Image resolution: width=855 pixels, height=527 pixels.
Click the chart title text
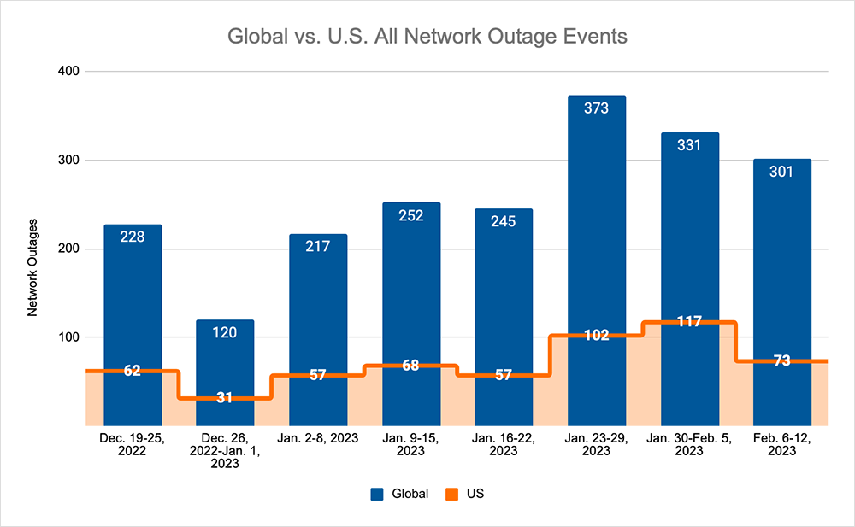[427, 38]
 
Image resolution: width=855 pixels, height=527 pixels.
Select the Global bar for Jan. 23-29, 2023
[597, 214]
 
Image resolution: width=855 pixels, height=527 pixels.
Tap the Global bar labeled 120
[225, 359]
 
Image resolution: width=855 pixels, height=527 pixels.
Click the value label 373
[597, 109]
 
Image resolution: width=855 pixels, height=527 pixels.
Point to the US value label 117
[688, 322]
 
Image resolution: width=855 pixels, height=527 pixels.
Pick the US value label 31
[225, 398]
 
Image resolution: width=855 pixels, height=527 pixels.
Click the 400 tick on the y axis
[68, 72]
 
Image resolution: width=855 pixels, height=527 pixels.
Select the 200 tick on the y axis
[68, 249]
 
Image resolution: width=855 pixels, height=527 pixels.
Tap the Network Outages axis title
[32, 268]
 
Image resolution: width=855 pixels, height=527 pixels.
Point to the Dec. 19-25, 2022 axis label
[133, 445]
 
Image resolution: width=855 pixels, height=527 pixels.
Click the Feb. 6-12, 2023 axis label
[781, 445]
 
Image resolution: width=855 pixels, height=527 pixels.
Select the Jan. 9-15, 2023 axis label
[410, 445]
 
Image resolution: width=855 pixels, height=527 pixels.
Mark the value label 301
[781, 172]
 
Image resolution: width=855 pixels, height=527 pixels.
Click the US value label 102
[597, 335]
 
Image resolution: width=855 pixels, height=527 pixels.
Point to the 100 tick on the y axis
[68, 337]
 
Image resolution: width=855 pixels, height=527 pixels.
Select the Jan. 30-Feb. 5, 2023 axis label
[689, 445]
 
